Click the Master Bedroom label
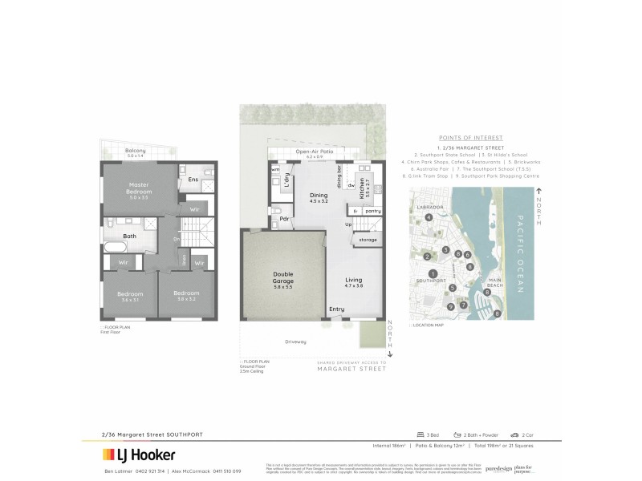pyautogui.click(x=140, y=188)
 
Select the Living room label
pyautogui.click(x=354, y=281)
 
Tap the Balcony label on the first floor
pyautogui.click(x=135, y=151)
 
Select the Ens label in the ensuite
pyautogui.click(x=193, y=180)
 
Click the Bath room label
pyautogui.click(x=129, y=236)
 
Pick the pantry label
pyautogui.click(x=372, y=211)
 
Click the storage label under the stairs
pyautogui.click(x=368, y=239)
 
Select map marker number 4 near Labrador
pyautogui.click(x=429, y=217)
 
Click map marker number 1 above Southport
pyautogui.click(x=433, y=273)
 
